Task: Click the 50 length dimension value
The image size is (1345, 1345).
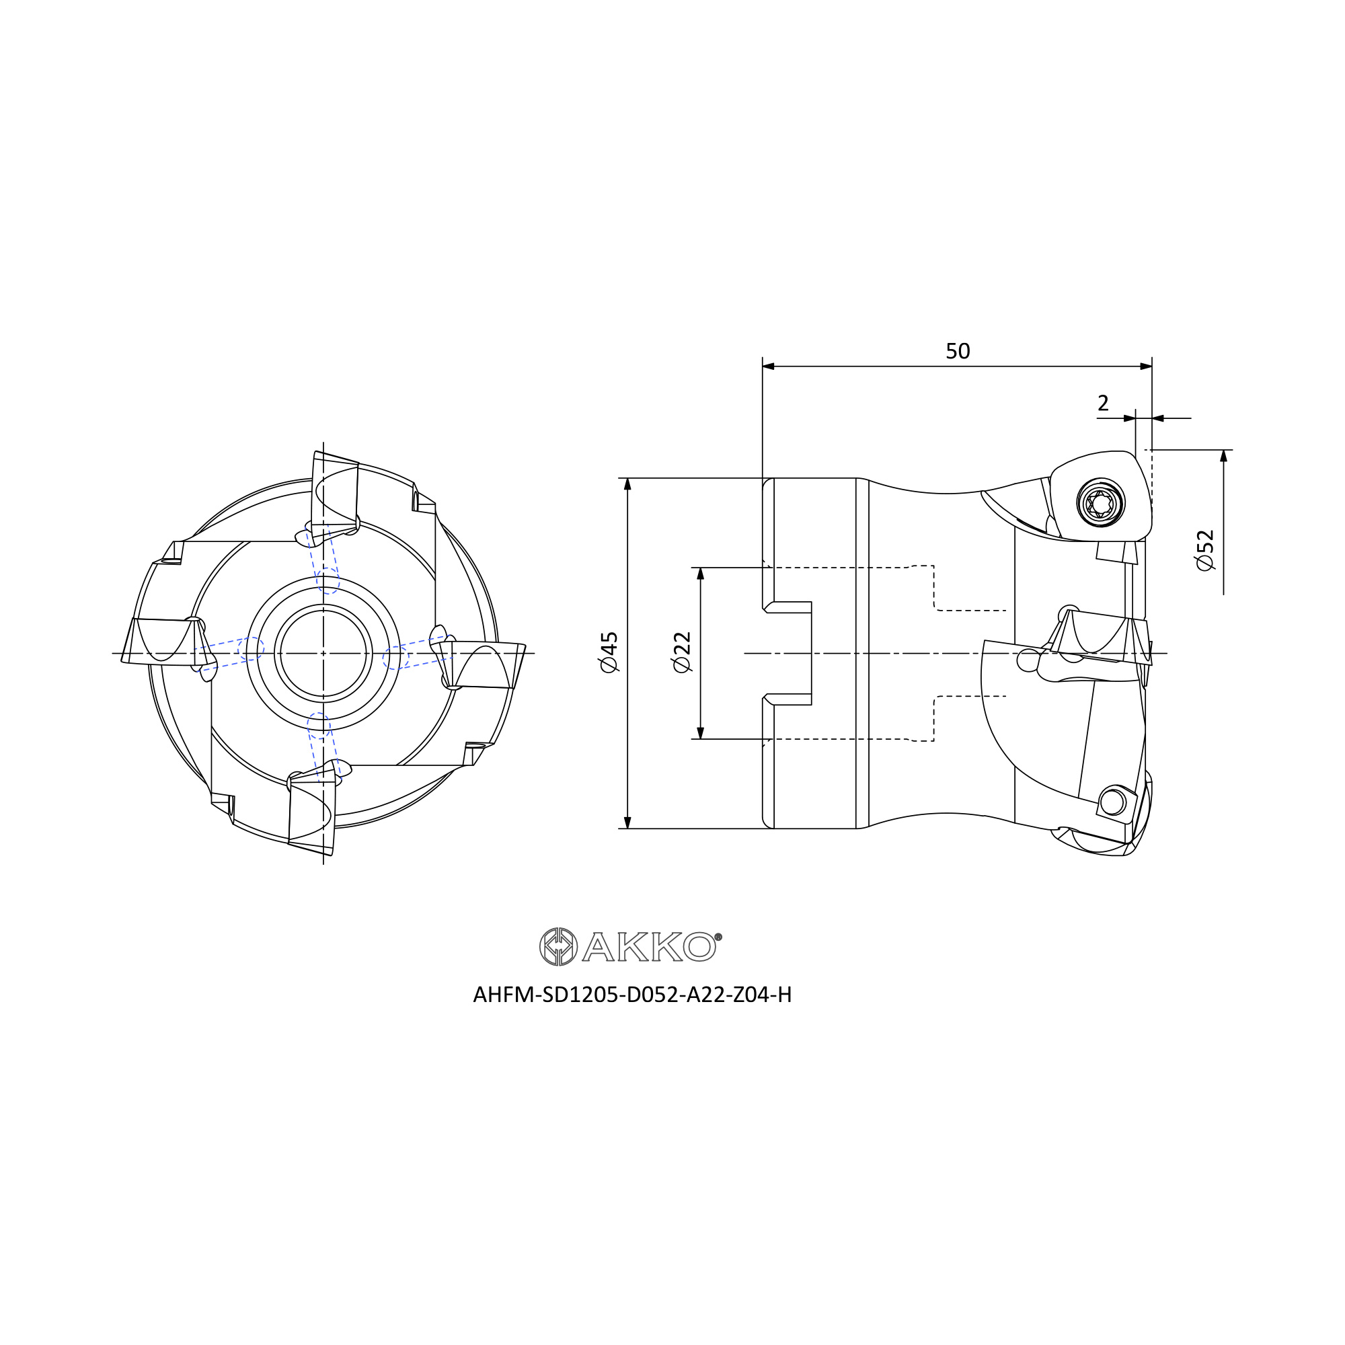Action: click(x=957, y=351)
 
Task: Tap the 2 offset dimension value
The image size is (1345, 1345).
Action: click(x=1103, y=403)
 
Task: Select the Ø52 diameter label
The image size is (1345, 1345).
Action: click(x=1205, y=551)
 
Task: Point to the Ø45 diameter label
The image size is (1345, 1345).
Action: click(x=609, y=652)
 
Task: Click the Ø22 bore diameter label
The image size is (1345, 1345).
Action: click(x=681, y=652)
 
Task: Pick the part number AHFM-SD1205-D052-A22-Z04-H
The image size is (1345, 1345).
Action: click(x=632, y=995)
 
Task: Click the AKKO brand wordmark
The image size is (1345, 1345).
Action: click(x=649, y=947)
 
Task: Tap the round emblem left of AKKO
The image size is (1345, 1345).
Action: click(x=558, y=947)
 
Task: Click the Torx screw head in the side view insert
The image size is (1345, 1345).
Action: click(x=1101, y=502)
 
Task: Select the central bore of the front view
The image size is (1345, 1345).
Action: click(x=323, y=653)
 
